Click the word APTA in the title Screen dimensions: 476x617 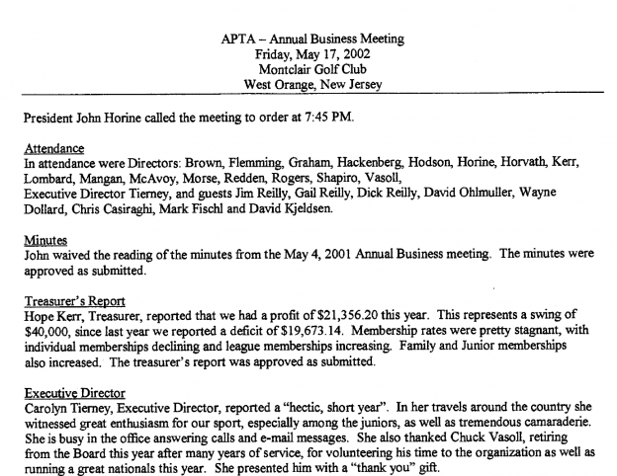click(238, 39)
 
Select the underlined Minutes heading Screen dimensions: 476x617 click(44, 240)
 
